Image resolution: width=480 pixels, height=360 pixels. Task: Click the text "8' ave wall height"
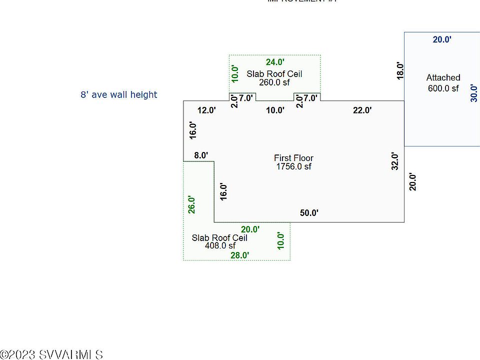[x=119, y=94]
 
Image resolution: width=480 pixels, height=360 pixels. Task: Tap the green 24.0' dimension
[x=275, y=62]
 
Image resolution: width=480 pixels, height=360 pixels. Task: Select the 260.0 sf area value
[x=274, y=82]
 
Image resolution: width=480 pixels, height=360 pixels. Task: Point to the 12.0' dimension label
[x=206, y=110]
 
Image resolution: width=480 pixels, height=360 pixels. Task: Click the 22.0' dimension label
[x=362, y=110]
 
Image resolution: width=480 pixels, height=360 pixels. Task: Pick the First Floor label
[x=293, y=158]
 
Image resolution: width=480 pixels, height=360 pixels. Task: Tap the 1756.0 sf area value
[x=293, y=166]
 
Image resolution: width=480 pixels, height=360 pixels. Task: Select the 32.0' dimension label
[x=395, y=161]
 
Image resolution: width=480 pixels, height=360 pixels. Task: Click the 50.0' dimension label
[x=309, y=213]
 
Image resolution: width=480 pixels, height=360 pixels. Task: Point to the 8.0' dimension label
[x=201, y=155]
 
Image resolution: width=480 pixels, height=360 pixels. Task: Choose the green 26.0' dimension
[x=192, y=204]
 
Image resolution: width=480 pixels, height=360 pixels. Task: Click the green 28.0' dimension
[x=239, y=255]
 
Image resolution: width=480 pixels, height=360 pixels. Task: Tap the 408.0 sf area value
[x=220, y=245]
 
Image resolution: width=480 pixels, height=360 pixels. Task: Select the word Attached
[x=443, y=77]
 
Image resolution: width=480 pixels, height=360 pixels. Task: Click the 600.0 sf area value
[x=443, y=88]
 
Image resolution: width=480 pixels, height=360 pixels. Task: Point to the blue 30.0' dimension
[x=474, y=93]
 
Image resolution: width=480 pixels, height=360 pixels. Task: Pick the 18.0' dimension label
[x=399, y=70]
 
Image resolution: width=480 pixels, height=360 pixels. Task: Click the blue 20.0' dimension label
[x=442, y=39]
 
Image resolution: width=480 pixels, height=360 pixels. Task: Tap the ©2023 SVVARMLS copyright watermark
[x=51, y=354]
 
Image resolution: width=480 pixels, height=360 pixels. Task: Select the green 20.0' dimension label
[x=250, y=229]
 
